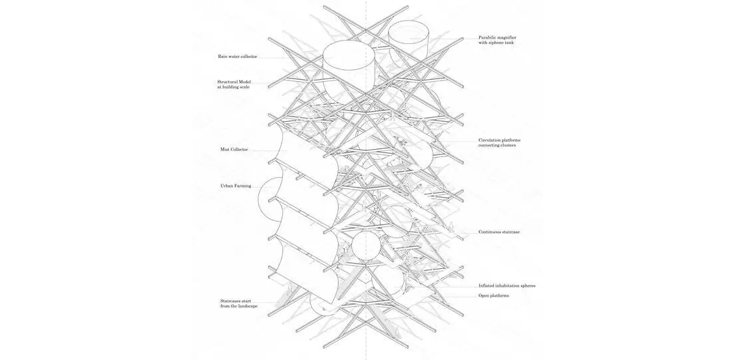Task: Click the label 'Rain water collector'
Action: tap(237, 57)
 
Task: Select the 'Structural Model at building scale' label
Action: tap(234, 85)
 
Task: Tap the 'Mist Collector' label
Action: tap(234, 150)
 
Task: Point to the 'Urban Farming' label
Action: tap(236, 186)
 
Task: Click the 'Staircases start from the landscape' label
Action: tap(239, 303)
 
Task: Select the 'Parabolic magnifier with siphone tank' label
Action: tap(497, 40)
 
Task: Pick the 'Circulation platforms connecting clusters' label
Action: tap(499, 143)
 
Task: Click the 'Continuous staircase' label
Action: tap(499, 232)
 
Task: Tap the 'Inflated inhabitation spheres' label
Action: tap(506, 286)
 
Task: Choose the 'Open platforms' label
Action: tap(494, 295)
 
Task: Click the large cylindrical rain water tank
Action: tap(348, 67)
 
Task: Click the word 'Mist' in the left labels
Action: tap(225, 150)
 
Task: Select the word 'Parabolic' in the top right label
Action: tap(489, 37)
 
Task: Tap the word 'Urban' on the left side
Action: tap(226, 186)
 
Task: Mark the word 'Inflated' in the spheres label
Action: tap(488, 286)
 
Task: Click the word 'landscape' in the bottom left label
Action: tap(246, 306)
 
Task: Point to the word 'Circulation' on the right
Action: tap(491, 140)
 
